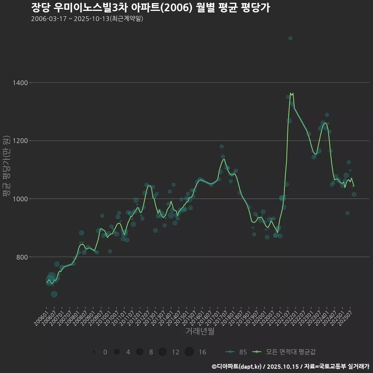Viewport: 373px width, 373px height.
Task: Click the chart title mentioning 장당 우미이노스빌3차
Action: pyautogui.click(x=150, y=8)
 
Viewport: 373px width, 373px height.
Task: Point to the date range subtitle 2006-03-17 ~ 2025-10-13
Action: pyautogui.click(x=87, y=19)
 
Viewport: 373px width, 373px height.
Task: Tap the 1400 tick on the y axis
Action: pyautogui.click(x=19, y=83)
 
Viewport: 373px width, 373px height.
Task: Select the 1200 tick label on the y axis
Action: pyautogui.click(x=19, y=141)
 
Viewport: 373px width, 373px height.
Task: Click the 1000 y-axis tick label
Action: pyautogui.click(x=19, y=199)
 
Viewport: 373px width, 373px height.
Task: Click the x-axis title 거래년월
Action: pyautogui.click(x=200, y=331)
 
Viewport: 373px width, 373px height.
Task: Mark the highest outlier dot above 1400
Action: pyautogui.click(x=290, y=38)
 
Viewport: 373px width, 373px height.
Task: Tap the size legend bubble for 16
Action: pyautogui.click(x=189, y=352)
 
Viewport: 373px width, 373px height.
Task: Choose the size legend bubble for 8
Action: pyautogui.click(x=139, y=352)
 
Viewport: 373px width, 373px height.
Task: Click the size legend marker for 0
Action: pyautogui.click(x=94, y=352)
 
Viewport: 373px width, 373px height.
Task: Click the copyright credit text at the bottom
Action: pyautogui.click(x=290, y=366)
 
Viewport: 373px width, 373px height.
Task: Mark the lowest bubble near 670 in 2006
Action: pyautogui.click(x=54, y=294)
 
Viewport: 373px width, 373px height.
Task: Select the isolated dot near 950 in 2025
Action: pyautogui.click(x=347, y=213)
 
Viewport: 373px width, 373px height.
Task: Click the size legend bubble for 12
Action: pyautogui.click(x=162, y=352)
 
